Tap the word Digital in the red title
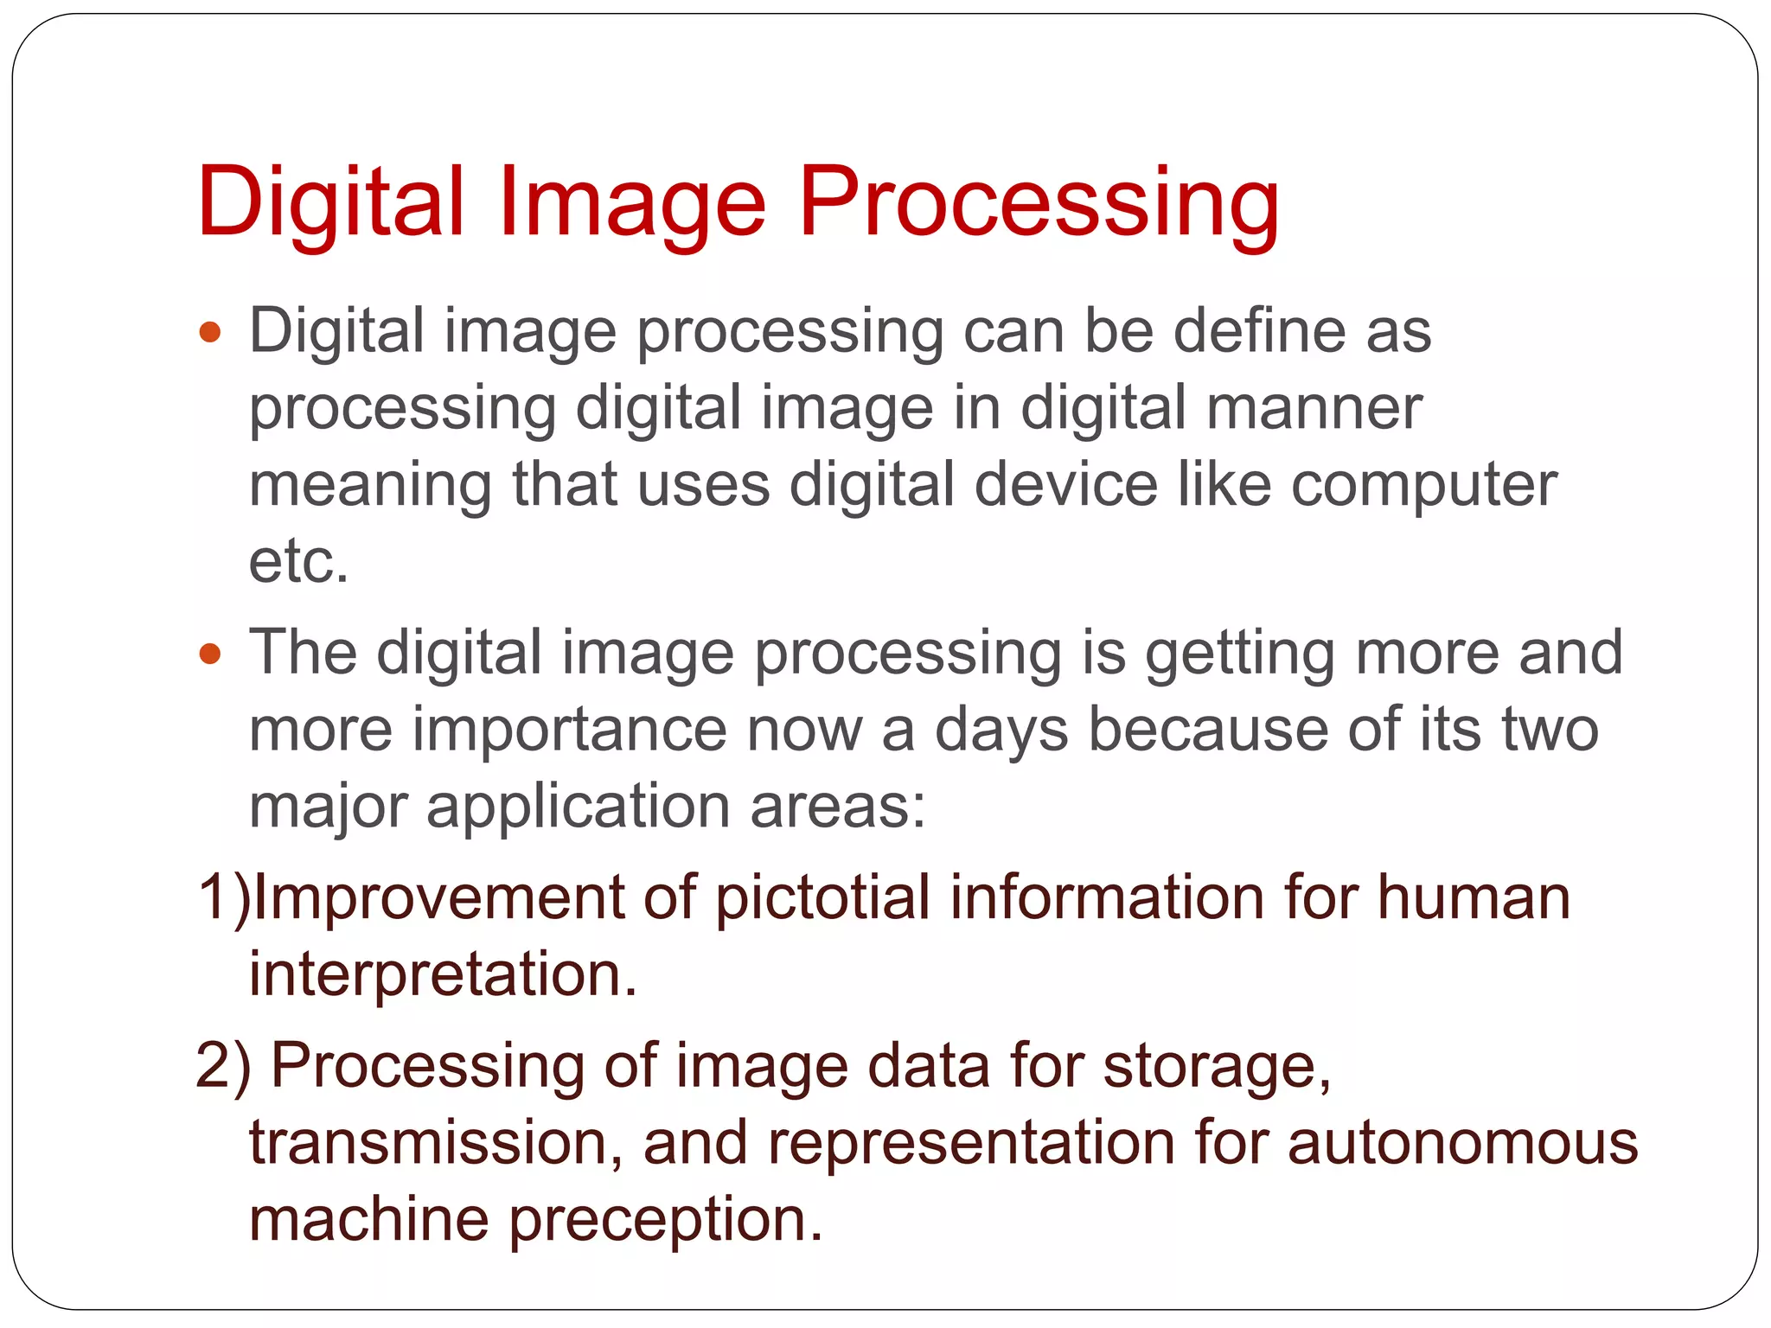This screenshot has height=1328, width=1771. (331, 204)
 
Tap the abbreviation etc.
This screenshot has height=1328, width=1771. (298, 561)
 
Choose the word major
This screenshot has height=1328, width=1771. (328, 807)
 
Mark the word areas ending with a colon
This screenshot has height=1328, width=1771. (837, 807)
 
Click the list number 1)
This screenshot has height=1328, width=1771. (223, 897)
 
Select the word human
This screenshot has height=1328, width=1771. (1474, 897)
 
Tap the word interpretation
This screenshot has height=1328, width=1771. (442, 974)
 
